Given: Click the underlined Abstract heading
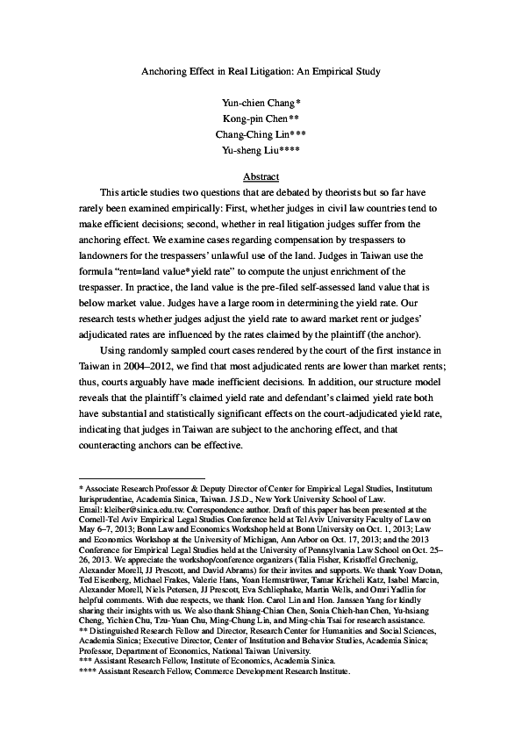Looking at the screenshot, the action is [x=261, y=176].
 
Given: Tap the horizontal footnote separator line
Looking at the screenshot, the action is [x=129, y=479].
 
